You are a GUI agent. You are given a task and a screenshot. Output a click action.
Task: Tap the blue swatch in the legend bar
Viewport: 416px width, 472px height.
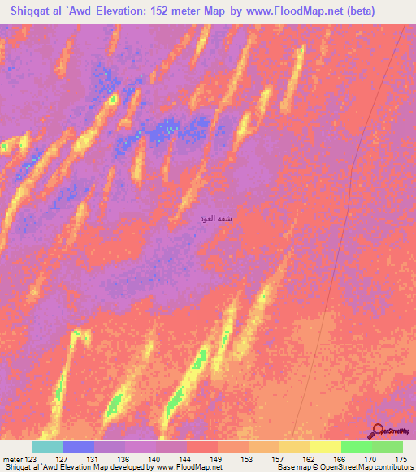click(79, 447)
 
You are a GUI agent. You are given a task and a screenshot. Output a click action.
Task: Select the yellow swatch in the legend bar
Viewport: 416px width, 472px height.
click(325, 447)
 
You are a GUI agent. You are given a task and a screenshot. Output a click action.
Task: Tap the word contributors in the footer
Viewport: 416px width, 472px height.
click(392, 467)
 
